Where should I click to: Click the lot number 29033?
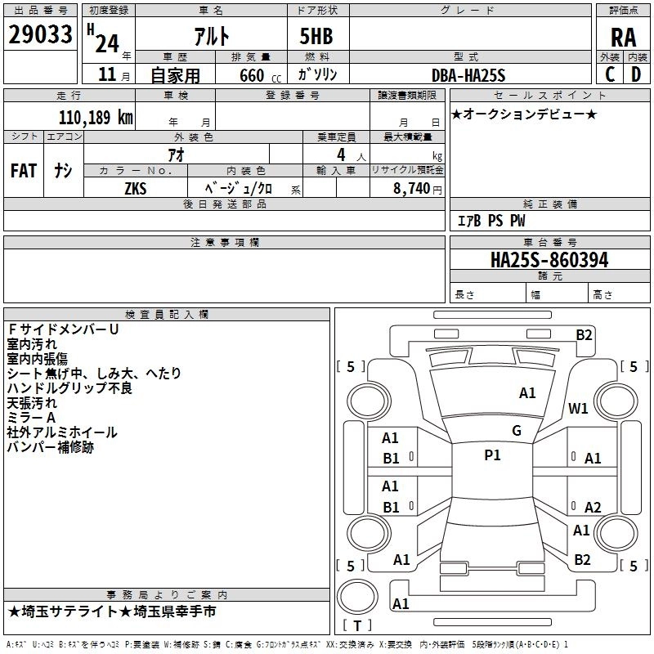(x=40, y=34)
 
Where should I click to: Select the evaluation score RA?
(x=623, y=38)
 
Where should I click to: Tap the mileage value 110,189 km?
(x=96, y=117)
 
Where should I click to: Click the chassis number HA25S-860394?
(x=549, y=260)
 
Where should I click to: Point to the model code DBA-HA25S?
(x=468, y=75)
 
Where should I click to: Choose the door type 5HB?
(x=316, y=36)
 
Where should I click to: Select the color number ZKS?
(x=136, y=189)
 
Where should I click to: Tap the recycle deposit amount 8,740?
(x=411, y=189)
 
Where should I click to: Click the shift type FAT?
(x=24, y=171)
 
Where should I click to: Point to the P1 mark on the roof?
(x=492, y=455)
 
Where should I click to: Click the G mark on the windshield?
(x=517, y=431)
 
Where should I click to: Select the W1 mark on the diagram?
(x=578, y=408)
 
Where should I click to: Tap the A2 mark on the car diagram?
(x=593, y=507)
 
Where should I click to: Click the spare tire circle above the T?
(x=357, y=597)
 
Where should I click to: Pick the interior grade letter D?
(x=636, y=74)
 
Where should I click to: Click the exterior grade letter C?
(x=610, y=74)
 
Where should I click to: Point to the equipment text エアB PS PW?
(x=491, y=221)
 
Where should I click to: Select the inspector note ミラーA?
(x=31, y=418)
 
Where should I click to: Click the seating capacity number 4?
(x=341, y=155)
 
